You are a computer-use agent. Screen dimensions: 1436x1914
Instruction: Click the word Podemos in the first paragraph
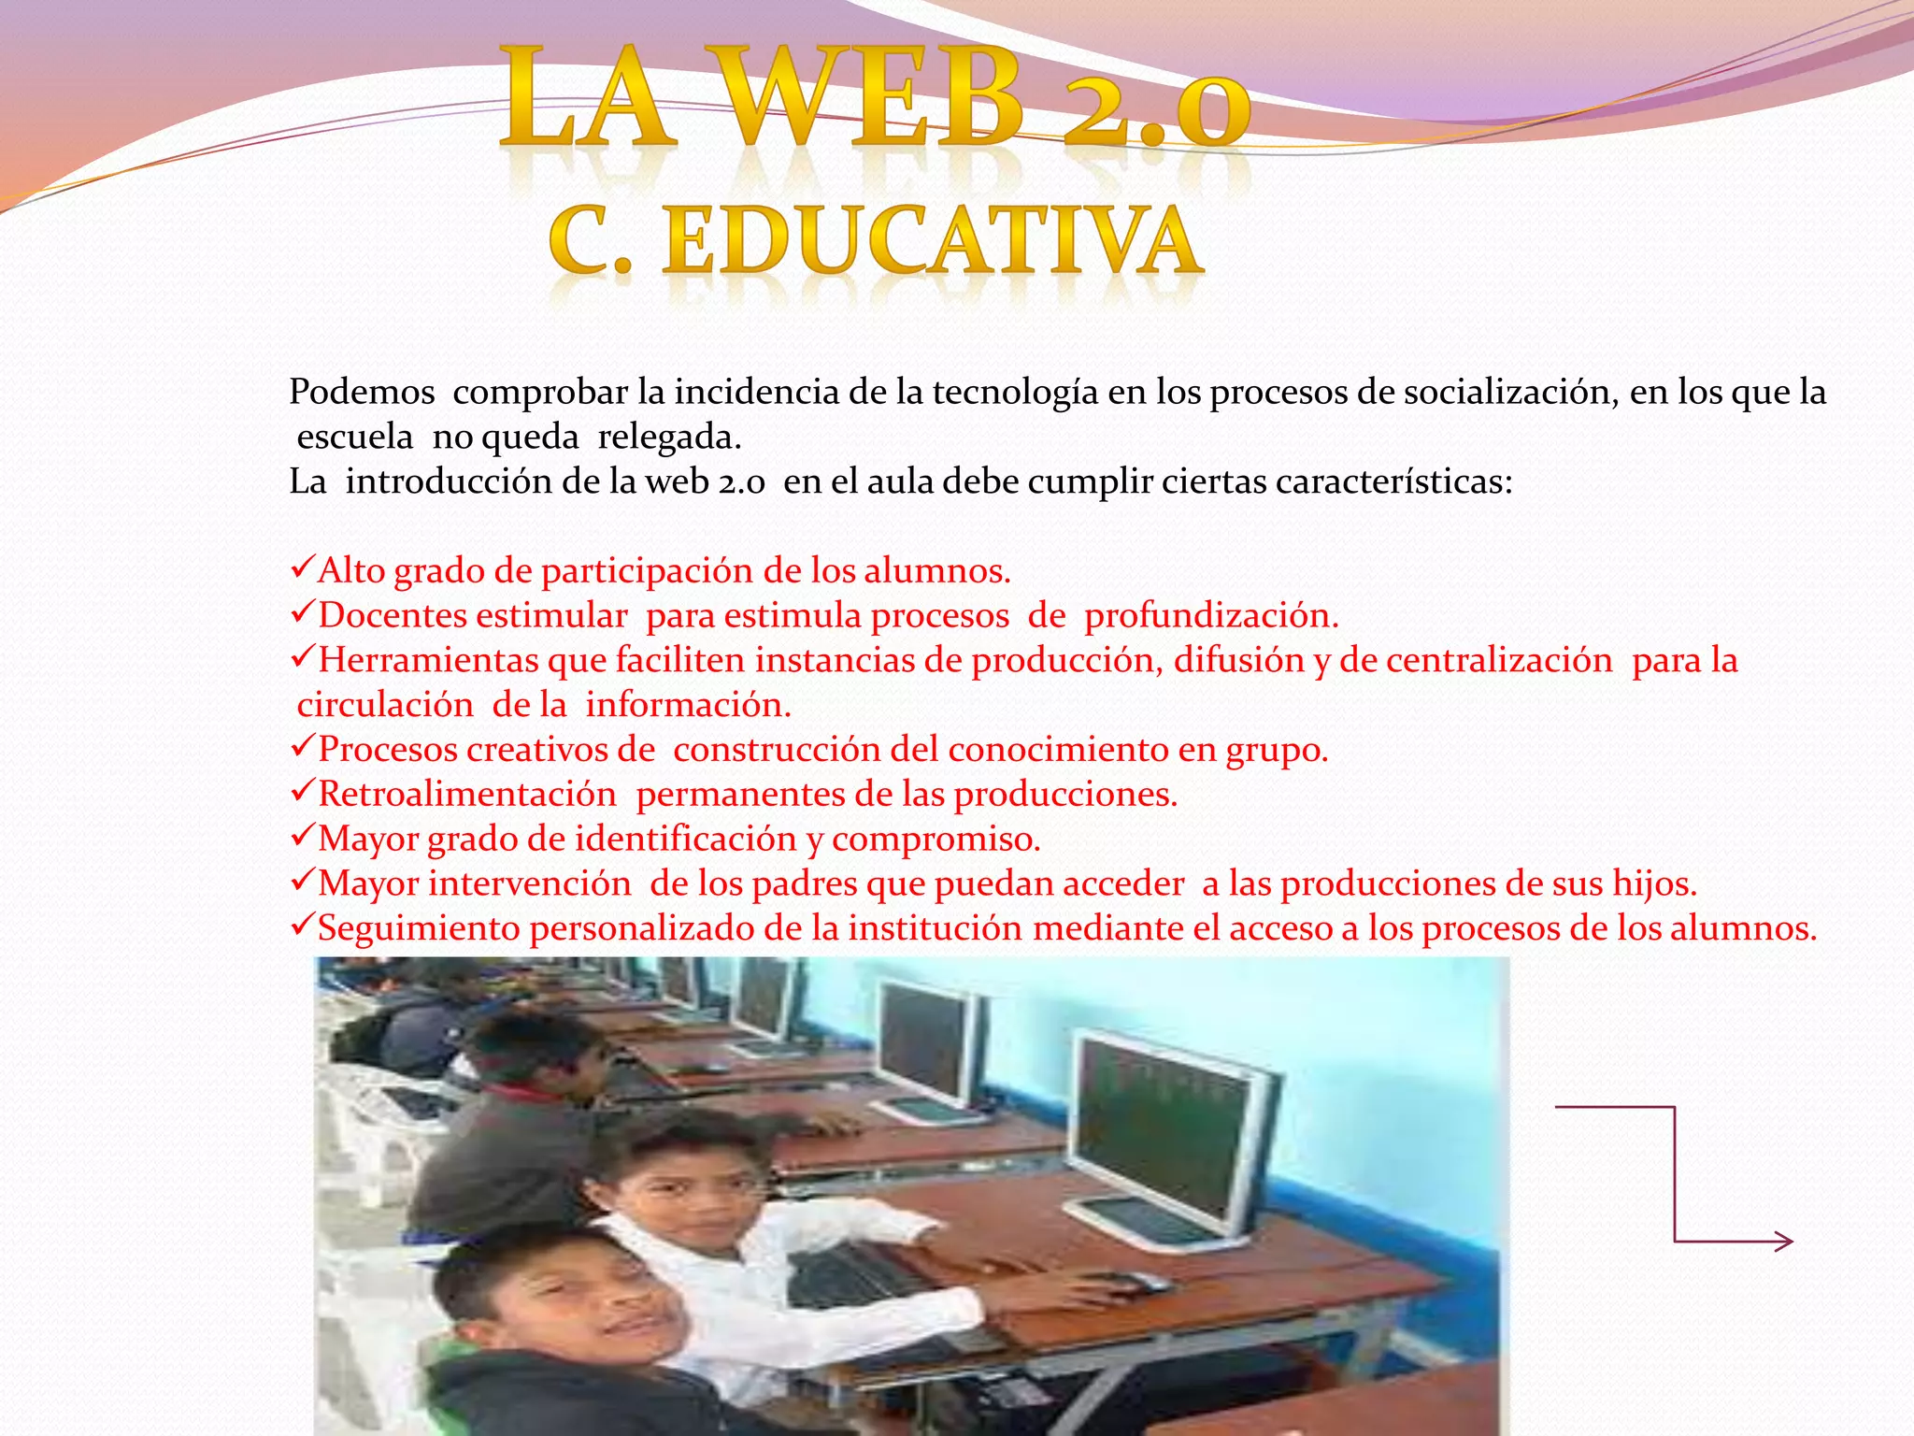(x=362, y=392)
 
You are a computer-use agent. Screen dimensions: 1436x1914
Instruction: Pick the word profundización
(x=1211, y=615)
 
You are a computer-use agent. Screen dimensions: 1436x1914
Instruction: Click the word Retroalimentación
(x=467, y=794)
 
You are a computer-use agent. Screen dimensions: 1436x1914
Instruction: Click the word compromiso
(x=936, y=839)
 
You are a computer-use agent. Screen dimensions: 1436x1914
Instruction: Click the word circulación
(x=385, y=705)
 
